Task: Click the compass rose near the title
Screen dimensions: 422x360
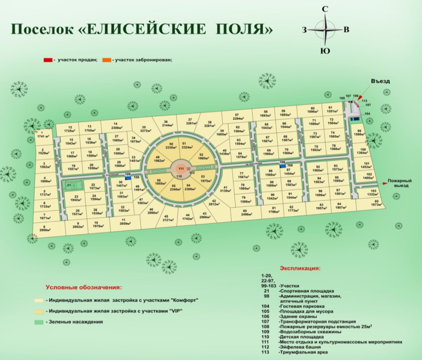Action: (x=325, y=30)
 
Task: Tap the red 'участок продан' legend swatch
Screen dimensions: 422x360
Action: (x=48, y=60)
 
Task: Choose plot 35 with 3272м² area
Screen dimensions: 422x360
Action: (x=144, y=129)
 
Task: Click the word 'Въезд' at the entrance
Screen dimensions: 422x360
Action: (x=380, y=81)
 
